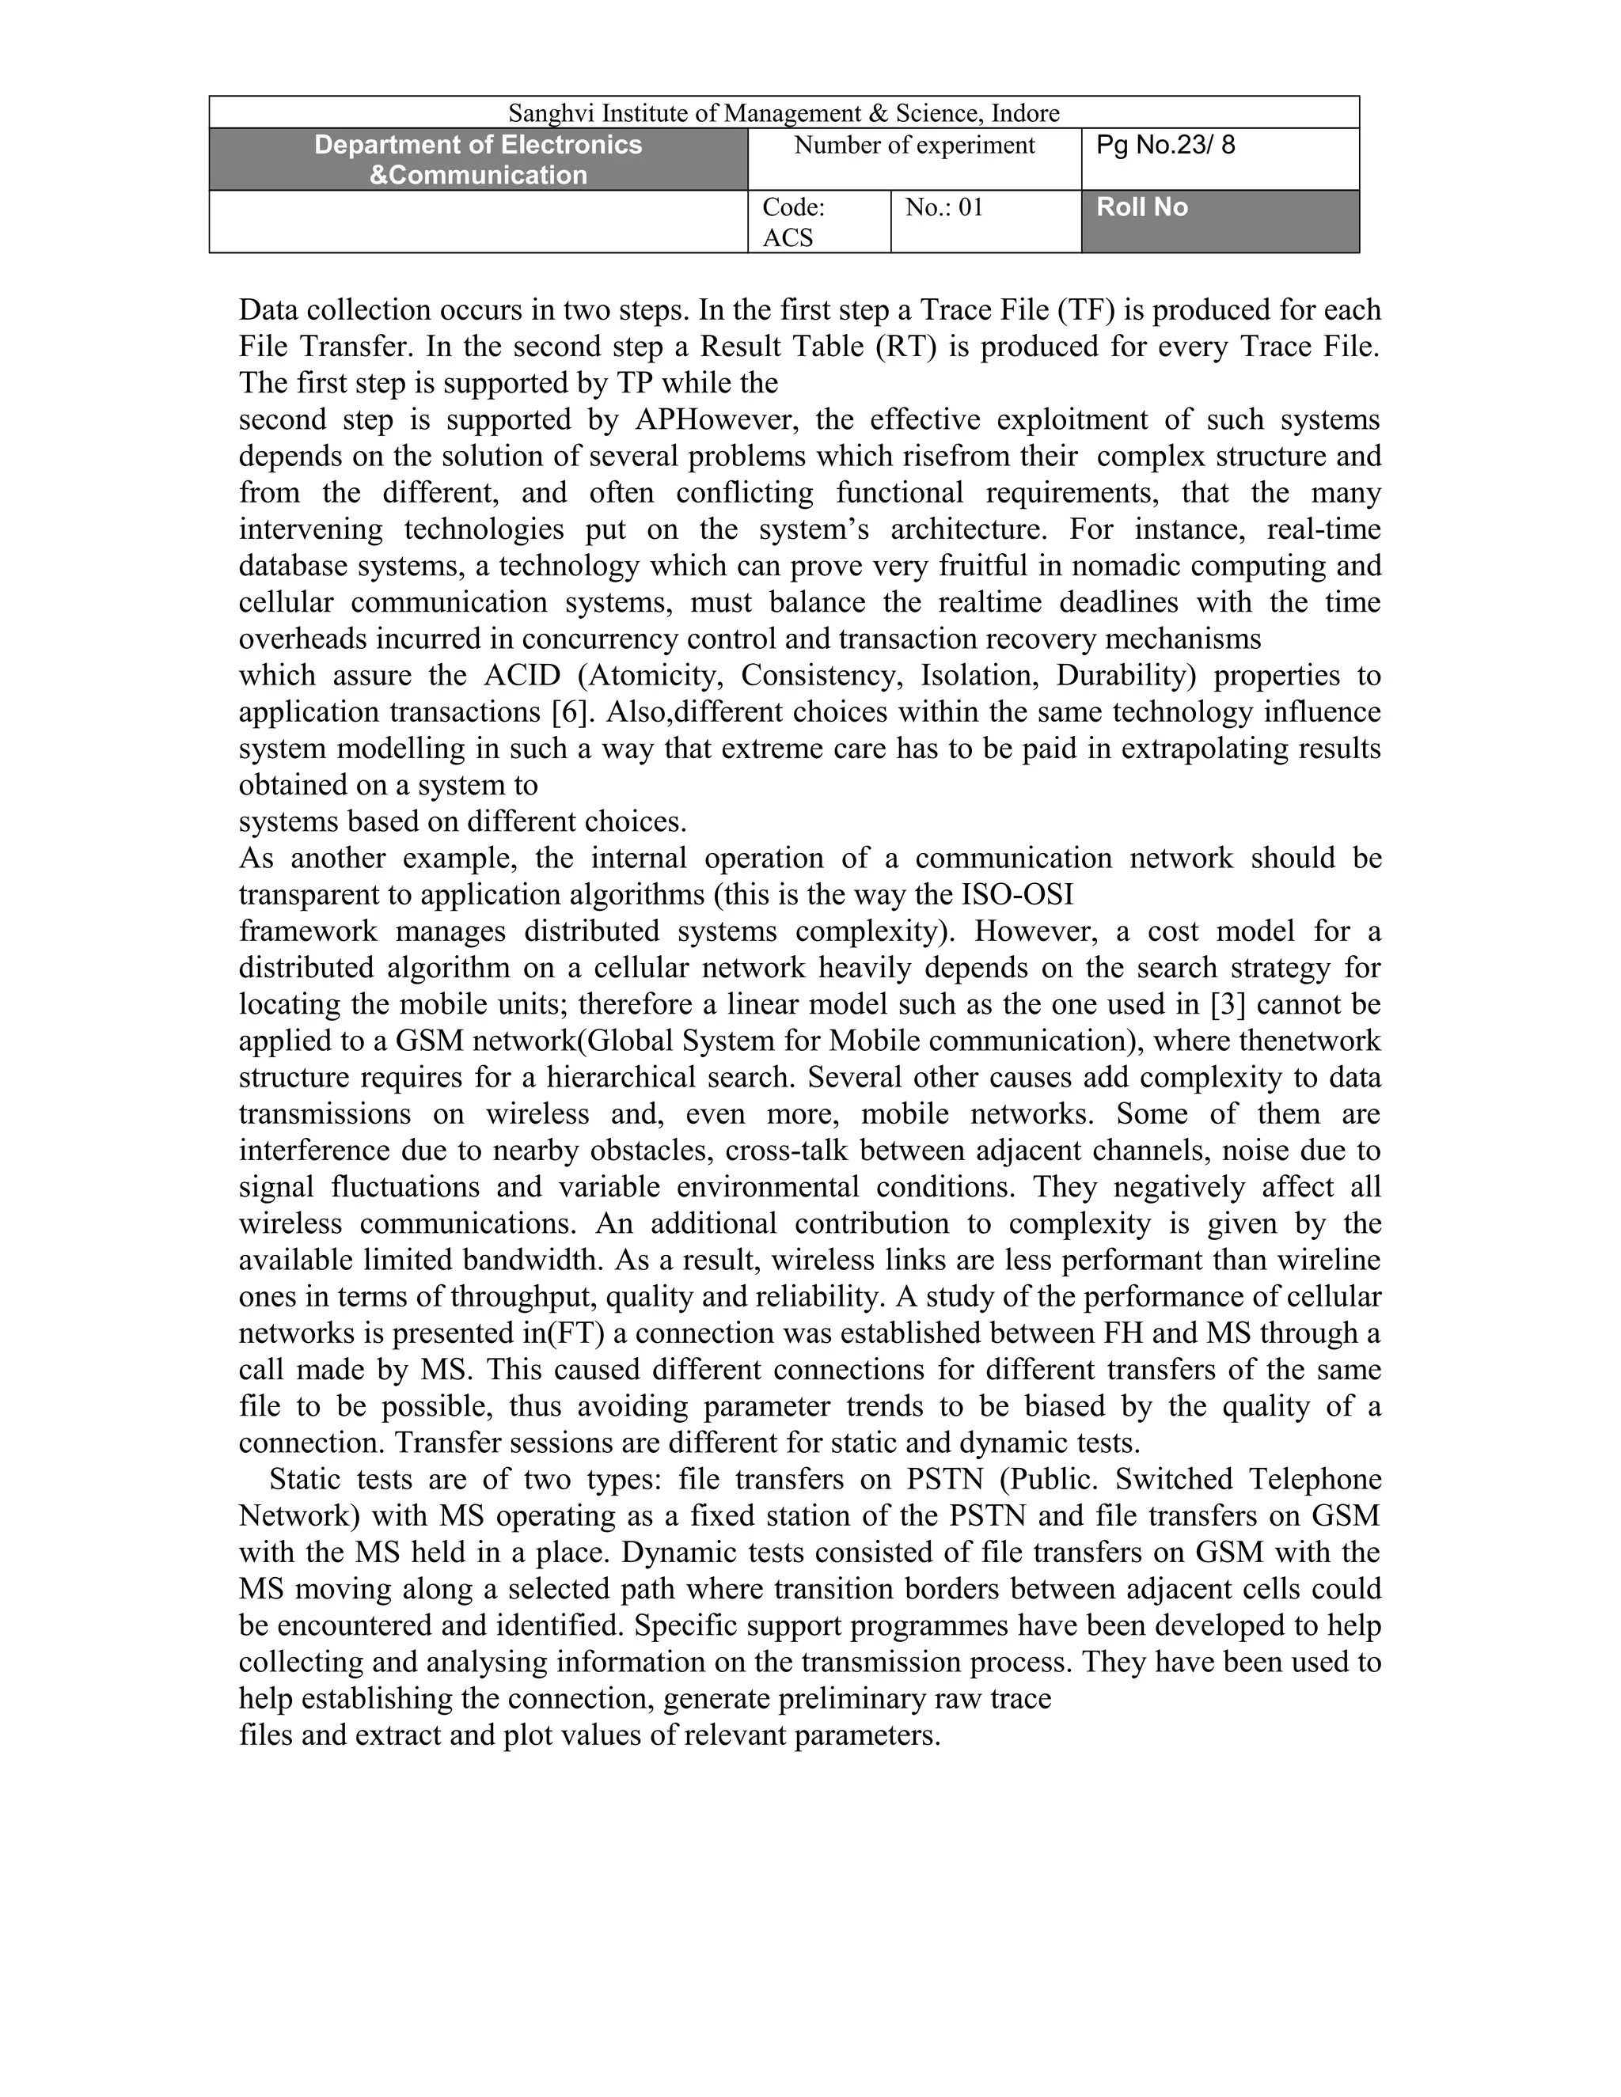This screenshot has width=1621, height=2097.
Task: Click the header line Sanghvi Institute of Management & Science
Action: [x=784, y=113]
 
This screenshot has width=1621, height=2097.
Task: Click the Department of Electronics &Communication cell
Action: [x=478, y=159]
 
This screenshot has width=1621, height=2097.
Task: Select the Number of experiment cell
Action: [x=914, y=146]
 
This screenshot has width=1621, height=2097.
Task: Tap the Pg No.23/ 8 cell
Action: [x=1166, y=146]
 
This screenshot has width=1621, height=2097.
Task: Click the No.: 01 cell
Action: [x=945, y=208]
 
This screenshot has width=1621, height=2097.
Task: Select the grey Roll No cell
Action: [x=1143, y=207]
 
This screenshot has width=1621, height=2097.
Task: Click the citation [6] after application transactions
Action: [x=571, y=712]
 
